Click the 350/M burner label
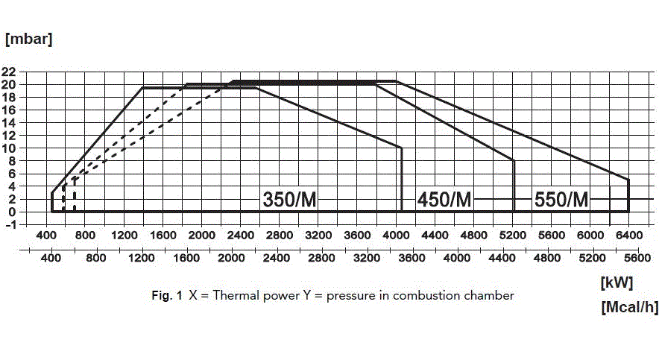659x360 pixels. pyautogui.click(x=290, y=199)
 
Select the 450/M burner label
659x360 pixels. pyautogui.click(x=444, y=199)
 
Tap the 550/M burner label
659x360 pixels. pyautogui.click(x=561, y=199)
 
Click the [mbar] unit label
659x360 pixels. pyautogui.click(x=28, y=39)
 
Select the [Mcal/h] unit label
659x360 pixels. pyautogui.click(x=628, y=307)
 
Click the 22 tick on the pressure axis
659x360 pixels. pyautogui.click(x=9, y=72)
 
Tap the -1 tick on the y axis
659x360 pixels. pyautogui.click(x=9, y=225)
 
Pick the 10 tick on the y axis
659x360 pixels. pyautogui.click(x=9, y=148)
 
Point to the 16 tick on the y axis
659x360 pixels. pyautogui.click(x=9, y=110)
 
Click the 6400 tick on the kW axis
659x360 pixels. pyautogui.click(x=628, y=236)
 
